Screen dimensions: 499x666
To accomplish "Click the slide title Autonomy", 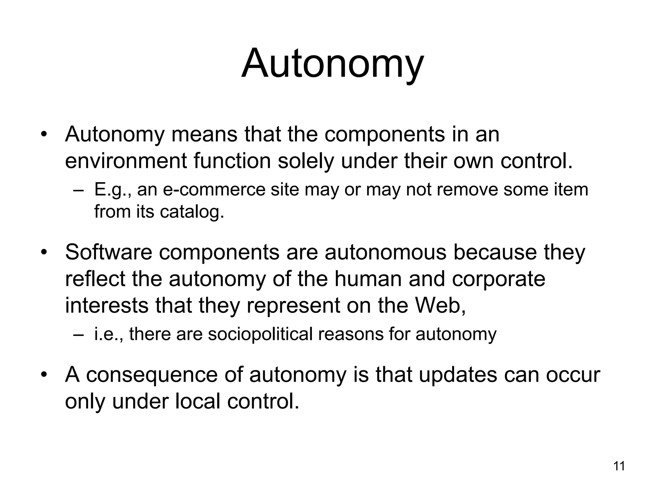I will click(332, 63).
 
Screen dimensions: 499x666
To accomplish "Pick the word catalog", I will click(192, 211).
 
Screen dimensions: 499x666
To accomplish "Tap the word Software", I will click(109, 252).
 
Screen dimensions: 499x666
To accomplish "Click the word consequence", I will click(152, 375).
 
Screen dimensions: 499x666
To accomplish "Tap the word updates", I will click(458, 375).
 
